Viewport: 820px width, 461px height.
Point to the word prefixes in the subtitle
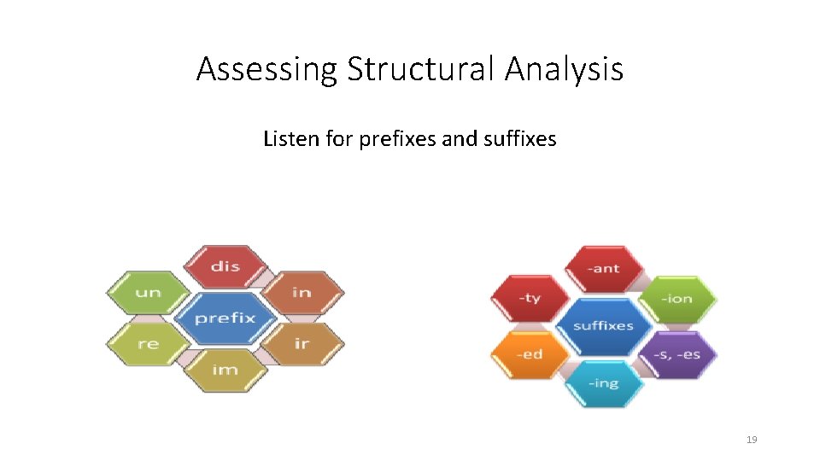point(395,138)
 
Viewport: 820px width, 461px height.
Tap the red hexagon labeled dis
point(225,266)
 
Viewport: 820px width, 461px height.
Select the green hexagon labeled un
point(148,293)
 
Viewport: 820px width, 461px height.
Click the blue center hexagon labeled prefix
point(225,318)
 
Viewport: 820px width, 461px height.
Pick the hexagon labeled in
point(302,293)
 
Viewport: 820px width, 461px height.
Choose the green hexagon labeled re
point(148,344)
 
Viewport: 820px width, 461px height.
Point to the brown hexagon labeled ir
point(302,344)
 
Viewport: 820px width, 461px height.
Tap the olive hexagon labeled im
point(225,371)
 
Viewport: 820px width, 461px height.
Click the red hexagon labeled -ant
point(604,269)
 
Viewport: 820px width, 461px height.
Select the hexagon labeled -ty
point(530,299)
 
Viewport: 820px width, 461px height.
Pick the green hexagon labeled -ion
point(677,299)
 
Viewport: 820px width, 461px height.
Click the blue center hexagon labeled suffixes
point(604,326)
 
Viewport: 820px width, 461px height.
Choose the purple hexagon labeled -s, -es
point(677,354)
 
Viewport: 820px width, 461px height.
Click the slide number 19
point(752,440)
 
